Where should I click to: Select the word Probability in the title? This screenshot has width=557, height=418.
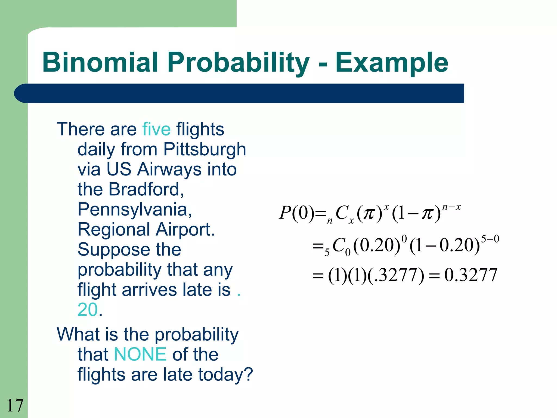(238, 63)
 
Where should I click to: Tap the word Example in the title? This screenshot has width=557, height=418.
(392, 63)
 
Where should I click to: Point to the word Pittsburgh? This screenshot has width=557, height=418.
(205, 150)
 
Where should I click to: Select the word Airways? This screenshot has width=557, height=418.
(170, 169)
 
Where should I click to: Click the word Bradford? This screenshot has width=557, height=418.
(146, 189)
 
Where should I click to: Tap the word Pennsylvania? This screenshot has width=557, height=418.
(135, 210)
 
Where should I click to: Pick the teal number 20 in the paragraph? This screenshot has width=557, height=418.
(87, 310)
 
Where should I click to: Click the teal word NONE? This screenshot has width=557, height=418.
(140, 354)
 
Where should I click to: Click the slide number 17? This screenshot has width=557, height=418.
(15, 405)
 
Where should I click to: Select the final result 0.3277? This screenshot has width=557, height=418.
(471, 275)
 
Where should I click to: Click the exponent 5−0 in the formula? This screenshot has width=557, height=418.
(490, 239)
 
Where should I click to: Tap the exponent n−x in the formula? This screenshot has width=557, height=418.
(451, 207)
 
